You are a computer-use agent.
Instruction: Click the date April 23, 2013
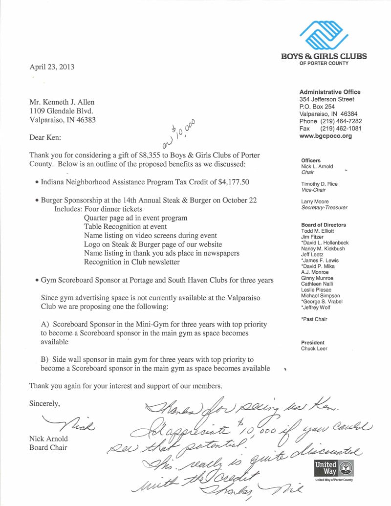pos(52,67)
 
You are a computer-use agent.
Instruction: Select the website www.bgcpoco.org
pos(325,136)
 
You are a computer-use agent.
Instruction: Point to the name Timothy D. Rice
pos(319,184)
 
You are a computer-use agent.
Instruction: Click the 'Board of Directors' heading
pos(323,225)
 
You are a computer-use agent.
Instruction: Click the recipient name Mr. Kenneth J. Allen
pos(62,102)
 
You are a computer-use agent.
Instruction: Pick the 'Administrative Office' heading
pos(330,92)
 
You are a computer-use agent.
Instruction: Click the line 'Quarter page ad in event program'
pos(135,218)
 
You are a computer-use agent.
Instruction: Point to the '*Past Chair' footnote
pos(314,319)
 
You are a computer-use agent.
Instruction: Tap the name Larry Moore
pos(315,201)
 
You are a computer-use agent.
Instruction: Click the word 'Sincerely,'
pos(44,403)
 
